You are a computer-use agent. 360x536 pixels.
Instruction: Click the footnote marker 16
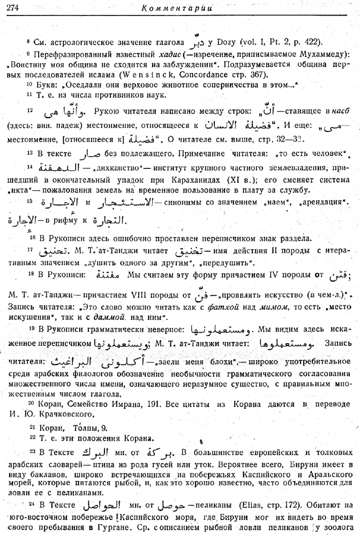[32, 236]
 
